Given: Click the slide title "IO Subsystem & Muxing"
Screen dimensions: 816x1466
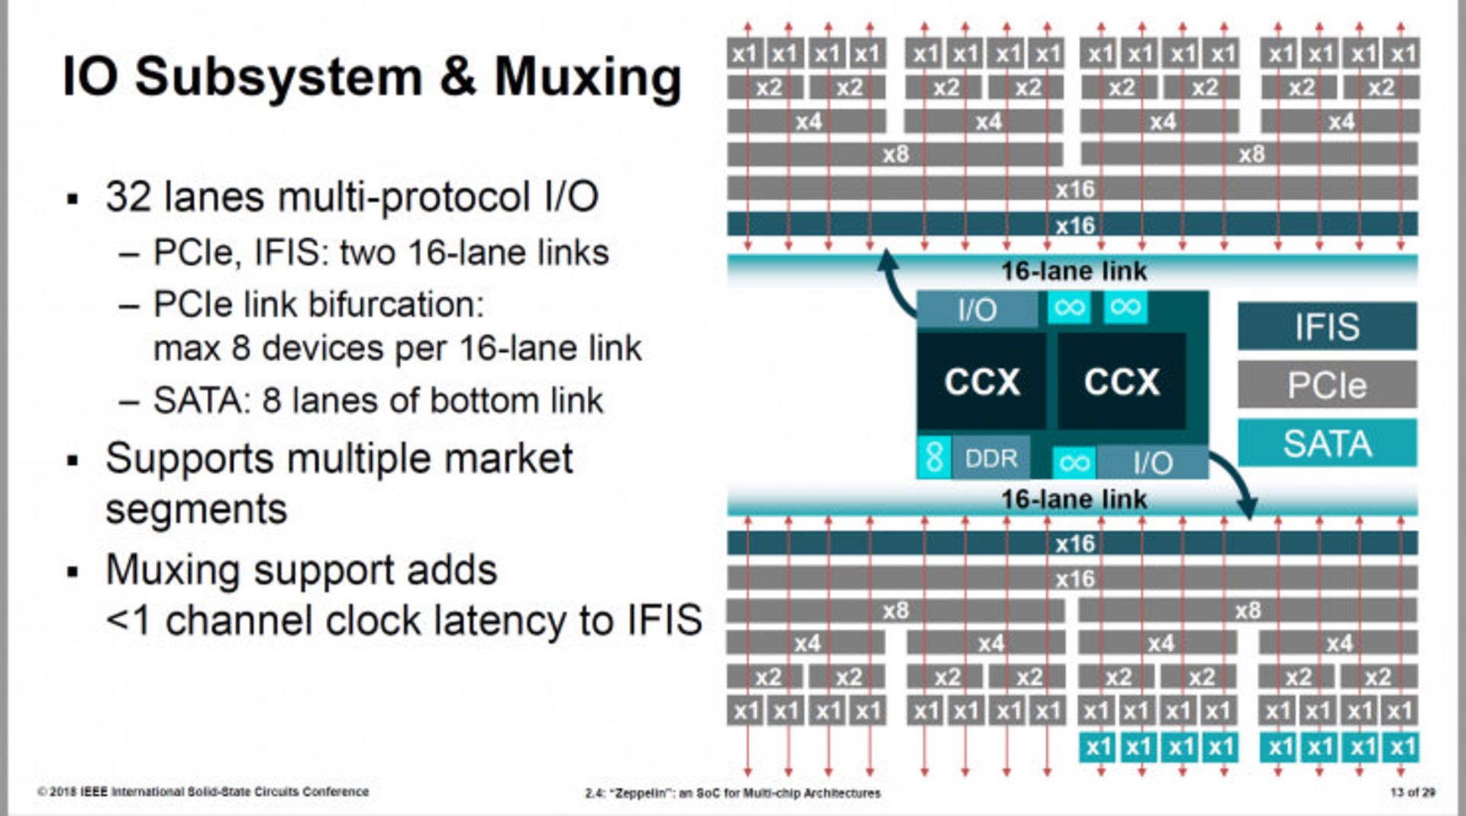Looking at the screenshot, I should point(371,78).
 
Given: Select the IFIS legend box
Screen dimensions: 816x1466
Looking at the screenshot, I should point(1327,327).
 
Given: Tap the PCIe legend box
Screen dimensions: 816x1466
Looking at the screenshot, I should point(1327,385).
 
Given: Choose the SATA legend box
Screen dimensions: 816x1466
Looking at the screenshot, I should point(1327,443).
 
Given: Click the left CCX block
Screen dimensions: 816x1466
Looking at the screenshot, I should point(982,381).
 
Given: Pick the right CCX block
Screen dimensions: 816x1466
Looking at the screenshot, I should point(1122,381).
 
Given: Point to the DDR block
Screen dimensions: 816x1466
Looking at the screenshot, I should point(991,458).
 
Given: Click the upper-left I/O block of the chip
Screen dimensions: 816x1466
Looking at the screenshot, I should point(977,309).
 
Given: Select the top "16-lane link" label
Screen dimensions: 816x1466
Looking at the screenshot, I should point(1074,271).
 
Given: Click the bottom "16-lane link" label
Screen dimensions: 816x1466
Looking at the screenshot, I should point(1074,499).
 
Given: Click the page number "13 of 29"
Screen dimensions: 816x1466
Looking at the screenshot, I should point(1412,792).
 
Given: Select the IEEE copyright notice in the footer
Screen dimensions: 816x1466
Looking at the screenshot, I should point(203,792).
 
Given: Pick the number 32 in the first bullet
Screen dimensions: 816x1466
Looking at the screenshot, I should point(129,197).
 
